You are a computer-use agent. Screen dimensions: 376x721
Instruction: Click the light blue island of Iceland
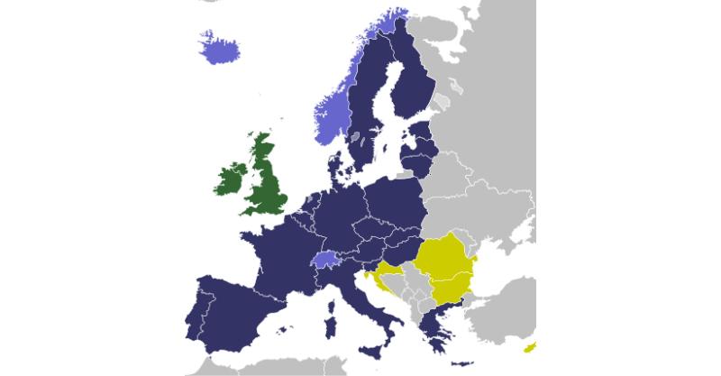(219, 49)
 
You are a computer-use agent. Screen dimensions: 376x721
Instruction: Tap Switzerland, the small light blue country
(325, 260)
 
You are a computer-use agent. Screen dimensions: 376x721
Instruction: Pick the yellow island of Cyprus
(530, 347)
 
